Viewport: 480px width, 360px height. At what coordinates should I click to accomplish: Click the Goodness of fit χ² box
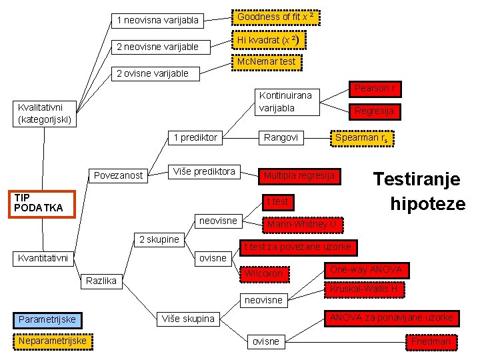[275, 17]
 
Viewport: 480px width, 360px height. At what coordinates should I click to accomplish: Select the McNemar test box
[265, 62]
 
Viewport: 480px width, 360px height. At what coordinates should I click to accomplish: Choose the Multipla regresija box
[299, 176]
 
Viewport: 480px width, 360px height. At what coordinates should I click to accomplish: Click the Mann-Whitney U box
[303, 225]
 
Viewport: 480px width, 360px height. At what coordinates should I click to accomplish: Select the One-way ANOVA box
[366, 270]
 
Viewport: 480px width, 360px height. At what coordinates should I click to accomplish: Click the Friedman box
[431, 342]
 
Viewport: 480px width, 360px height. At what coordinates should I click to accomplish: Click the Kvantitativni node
[43, 258]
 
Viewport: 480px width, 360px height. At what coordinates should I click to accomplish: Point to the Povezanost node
[118, 176]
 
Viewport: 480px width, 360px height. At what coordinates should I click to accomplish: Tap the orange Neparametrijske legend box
[53, 341]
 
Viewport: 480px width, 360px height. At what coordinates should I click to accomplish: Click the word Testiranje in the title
[417, 179]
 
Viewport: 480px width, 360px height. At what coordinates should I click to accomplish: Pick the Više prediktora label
[204, 172]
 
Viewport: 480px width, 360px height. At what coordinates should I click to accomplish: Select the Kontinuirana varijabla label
[285, 102]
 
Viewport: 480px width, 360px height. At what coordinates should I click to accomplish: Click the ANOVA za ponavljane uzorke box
[391, 317]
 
